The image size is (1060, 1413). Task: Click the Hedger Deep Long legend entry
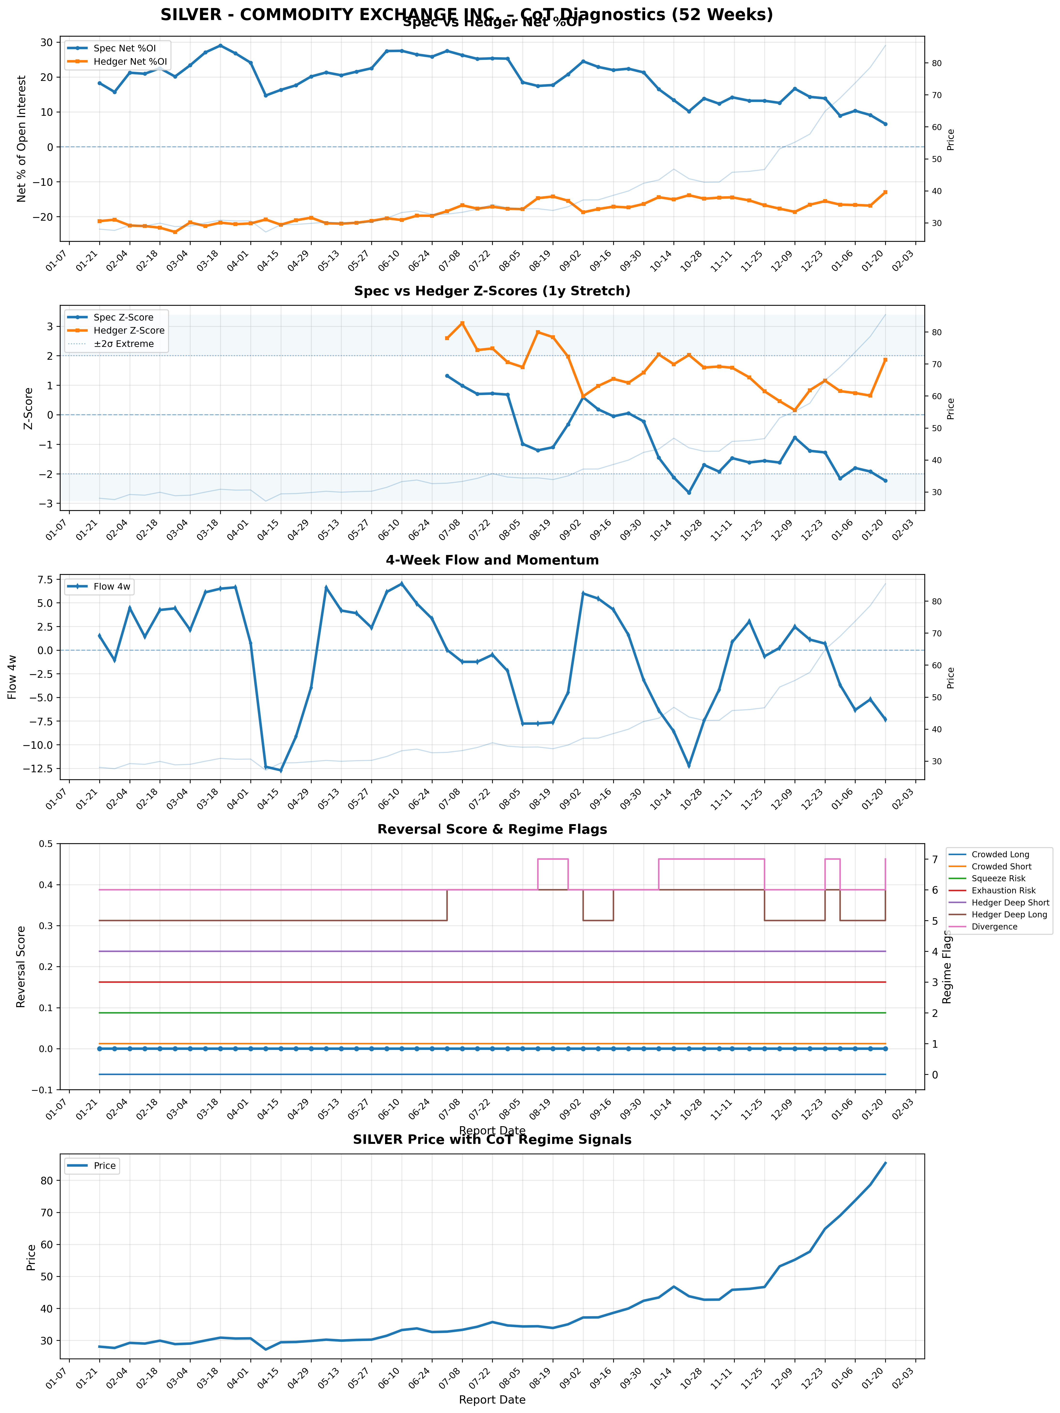click(x=1009, y=915)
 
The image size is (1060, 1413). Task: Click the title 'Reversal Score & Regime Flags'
click(x=492, y=829)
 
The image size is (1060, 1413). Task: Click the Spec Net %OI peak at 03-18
click(x=220, y=45)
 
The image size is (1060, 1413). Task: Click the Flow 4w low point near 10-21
click(x=688, y=766)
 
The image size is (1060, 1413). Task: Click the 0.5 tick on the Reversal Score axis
click(x=45, y=844)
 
